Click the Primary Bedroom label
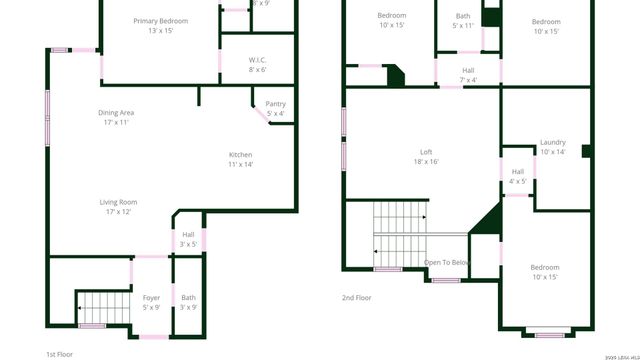point(161,20)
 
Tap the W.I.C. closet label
point(257,60)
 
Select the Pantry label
point(274,103)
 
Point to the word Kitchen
point(241,154)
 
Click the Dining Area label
point(116,112)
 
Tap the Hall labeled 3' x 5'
point(188,234)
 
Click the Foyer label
point(151,297)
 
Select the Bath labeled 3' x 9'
point(189,297)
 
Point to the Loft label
point(426,152)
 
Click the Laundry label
point(553,142)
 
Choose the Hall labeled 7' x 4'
point(468,70)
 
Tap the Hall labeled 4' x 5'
point(517,171)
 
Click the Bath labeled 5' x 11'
point(463,15)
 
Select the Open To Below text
point(446,262)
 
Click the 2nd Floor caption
point(356,297)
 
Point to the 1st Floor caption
point(59,354)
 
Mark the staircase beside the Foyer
point(99,306)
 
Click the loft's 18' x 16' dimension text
point(426,162)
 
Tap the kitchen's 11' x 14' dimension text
point(241,164)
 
